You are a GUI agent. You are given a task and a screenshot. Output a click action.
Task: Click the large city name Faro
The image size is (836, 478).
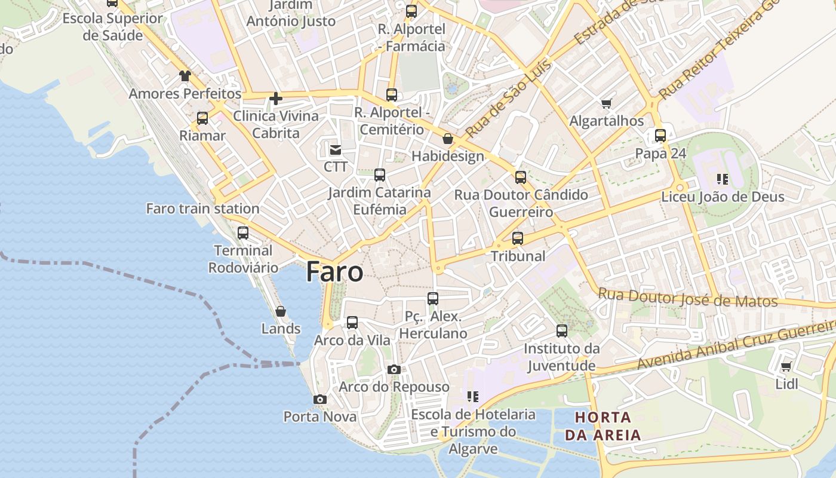pyautogui.click(x=334, y=272)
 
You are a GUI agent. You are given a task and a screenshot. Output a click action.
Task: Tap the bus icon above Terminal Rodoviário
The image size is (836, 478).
pyautogui.click(x=243, y=233)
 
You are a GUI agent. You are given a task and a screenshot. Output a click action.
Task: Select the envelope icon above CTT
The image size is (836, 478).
pyautogui.click(x=336, y=149)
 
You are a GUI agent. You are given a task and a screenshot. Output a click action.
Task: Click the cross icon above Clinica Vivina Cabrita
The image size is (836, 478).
pyautogui.click(x=275, y=99)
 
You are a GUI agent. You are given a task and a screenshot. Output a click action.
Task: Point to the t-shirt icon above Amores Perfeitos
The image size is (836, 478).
pyautogui.click(x=185, y=76)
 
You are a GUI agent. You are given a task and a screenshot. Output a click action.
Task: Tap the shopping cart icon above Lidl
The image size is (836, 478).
pyautogui.click(x=786, y=366)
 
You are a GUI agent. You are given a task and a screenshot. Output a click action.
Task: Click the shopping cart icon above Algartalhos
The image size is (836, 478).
pyautogui.click(x=607, y=103)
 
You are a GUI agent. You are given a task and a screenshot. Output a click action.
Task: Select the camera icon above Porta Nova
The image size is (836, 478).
pyautogui.click(x=320, y=399)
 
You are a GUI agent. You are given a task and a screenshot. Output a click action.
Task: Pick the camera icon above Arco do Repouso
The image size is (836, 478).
pyautogui.click(x=394, y=369)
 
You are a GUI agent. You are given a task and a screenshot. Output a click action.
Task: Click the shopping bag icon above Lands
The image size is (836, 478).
pyautogui.click(x=281, y=311)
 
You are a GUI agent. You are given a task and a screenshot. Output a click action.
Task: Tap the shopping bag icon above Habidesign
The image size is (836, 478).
pyautogui.click(x=448, y=139)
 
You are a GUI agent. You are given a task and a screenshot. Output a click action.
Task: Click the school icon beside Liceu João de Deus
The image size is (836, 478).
pyautogui.click(x=723, y=179)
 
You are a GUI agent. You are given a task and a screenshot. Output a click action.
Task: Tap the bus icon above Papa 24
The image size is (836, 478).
pyautogui.click(x=660, y=136)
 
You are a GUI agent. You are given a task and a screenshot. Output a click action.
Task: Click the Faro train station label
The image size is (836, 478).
pyautogui.click(x=202, y=209)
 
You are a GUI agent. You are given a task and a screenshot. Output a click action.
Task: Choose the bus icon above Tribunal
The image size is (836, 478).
pyautogui.click(x=518, y=238)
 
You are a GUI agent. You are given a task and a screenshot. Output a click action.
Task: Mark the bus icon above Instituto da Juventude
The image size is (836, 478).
pyautogui.click(x=562, y=331)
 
